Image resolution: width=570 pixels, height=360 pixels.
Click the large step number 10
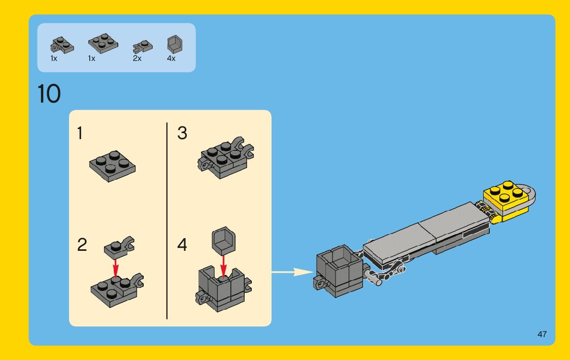(49, 94)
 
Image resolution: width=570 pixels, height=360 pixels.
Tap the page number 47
(542, 334)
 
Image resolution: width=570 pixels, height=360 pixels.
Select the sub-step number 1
(80, 133)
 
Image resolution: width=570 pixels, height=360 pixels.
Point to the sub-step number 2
(82, 245)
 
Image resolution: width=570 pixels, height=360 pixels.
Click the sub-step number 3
(182, 133)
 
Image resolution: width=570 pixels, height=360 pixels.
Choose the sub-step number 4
(182, 245)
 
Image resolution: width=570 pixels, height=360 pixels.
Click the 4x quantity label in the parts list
(171, 58)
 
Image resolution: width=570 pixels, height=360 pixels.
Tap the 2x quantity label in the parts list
(137, 58)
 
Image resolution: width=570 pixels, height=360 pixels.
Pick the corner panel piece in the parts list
(175, 44)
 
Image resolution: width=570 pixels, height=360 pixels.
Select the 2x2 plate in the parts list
(103, 43)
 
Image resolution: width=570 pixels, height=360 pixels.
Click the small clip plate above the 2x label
(143, 47)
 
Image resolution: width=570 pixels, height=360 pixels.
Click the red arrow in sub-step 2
(116, 268)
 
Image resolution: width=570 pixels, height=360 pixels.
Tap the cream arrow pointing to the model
(292, 272)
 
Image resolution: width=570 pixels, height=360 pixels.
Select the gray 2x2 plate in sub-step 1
(112, 166)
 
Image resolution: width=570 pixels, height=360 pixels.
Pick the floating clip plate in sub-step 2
(119, 248)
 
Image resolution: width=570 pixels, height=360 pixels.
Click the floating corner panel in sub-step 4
(223, 240)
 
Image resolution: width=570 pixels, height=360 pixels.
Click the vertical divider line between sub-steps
(167, 221)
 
